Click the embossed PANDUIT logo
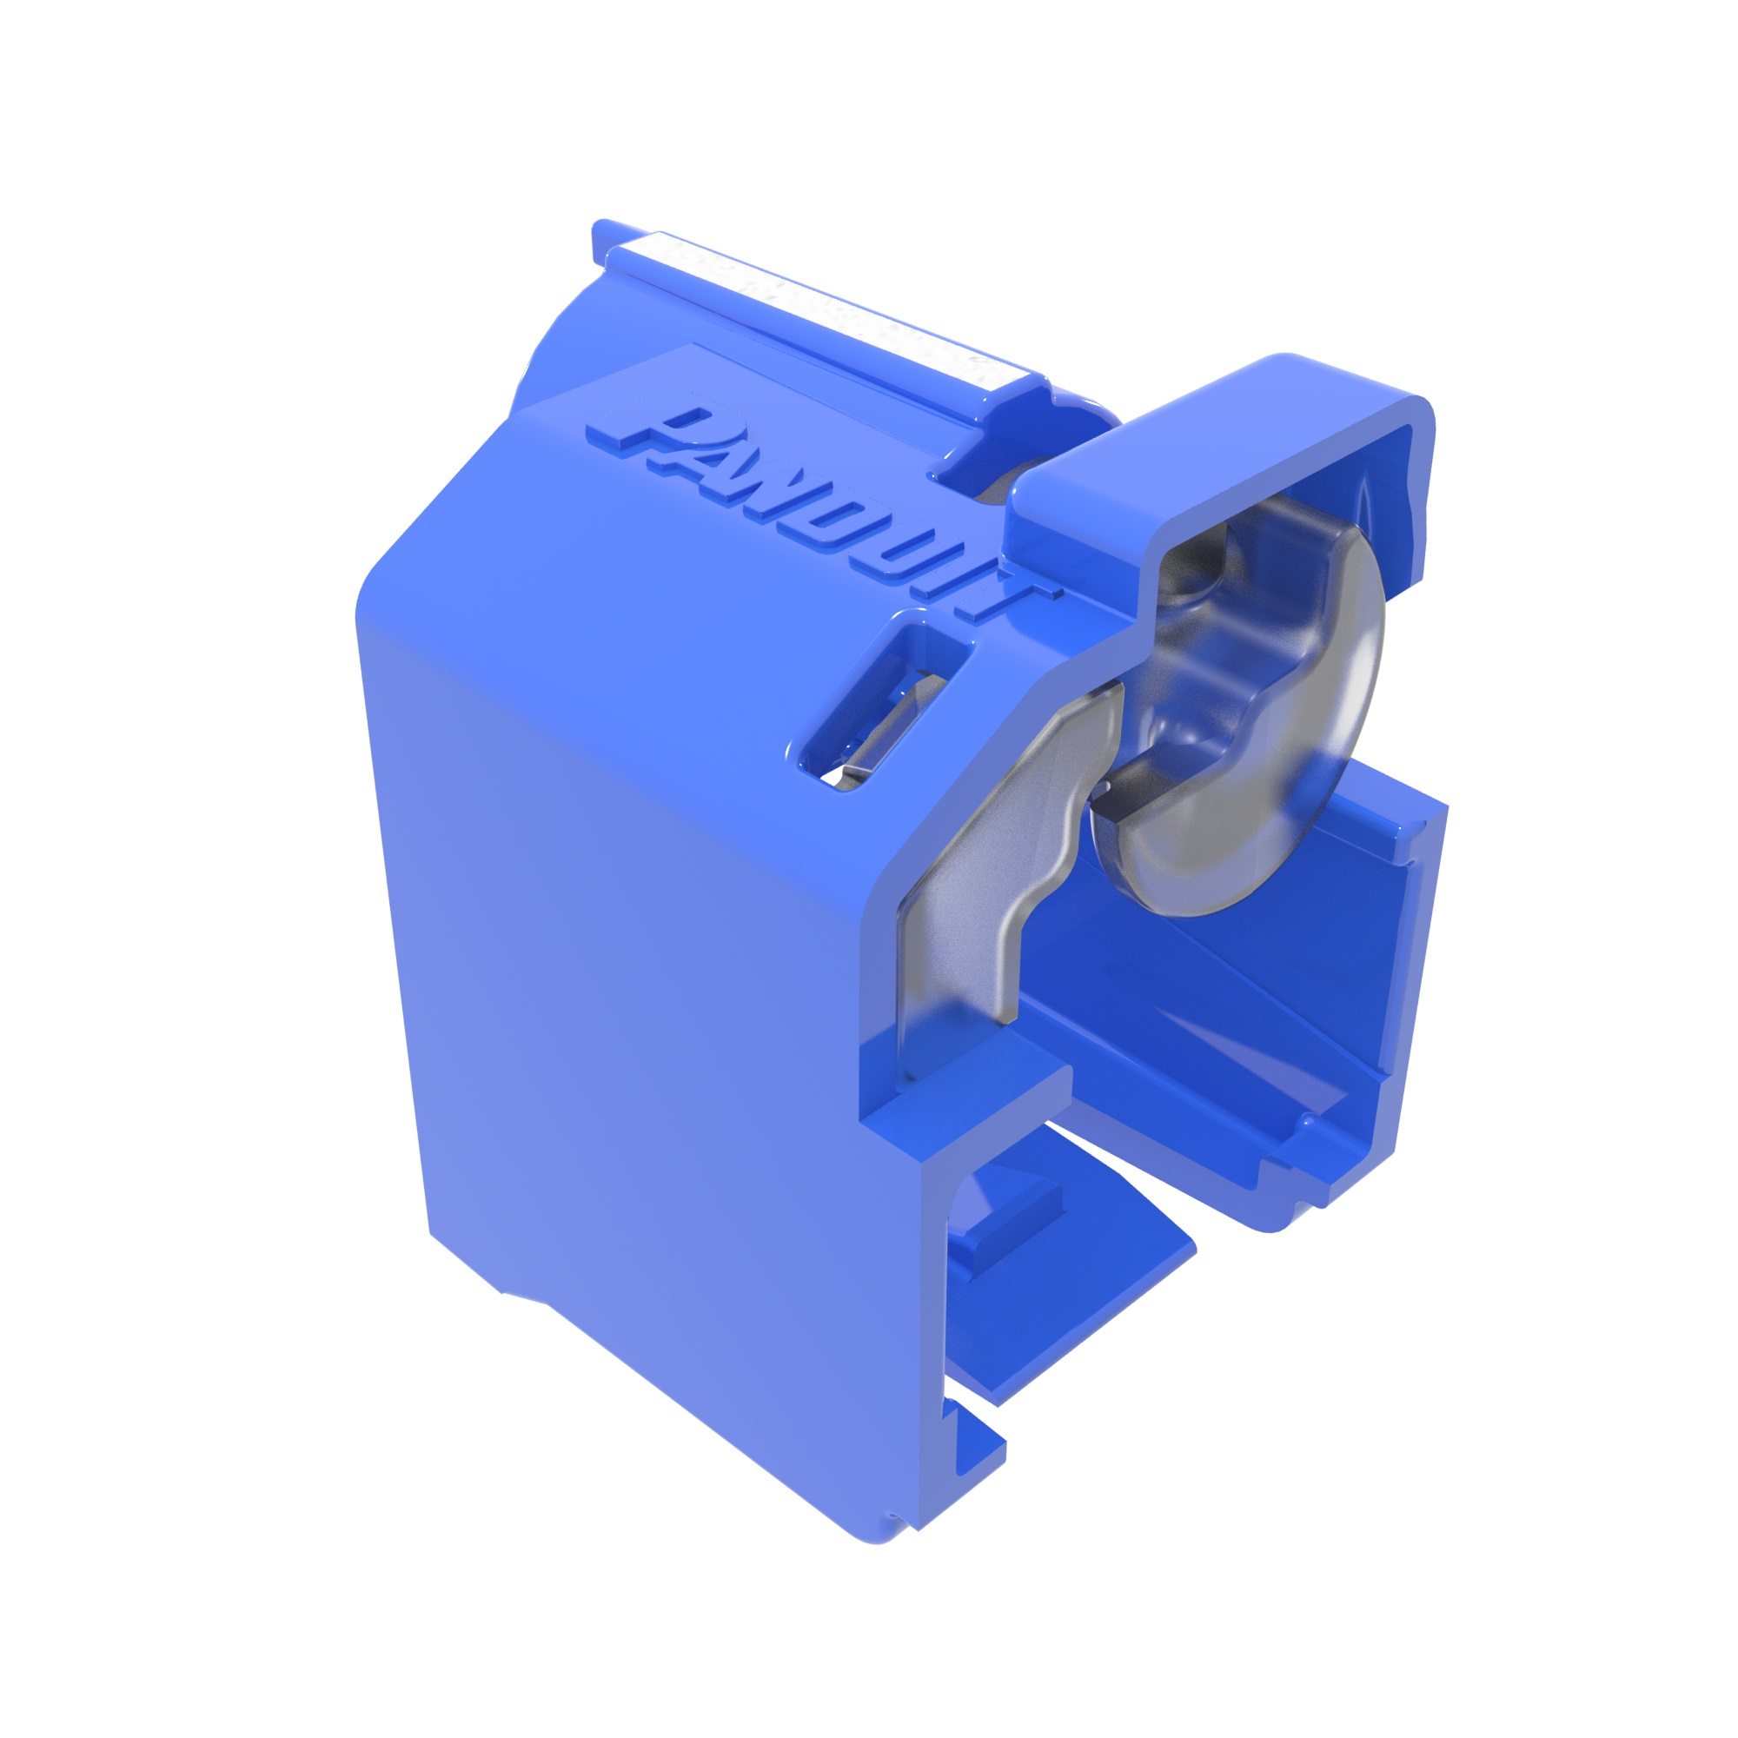pyautogui.click(x=823, y=513)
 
